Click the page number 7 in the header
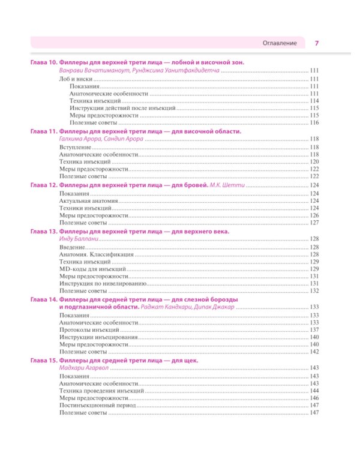[317, 43]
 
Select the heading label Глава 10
[43, 63]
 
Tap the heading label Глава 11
[43, 131]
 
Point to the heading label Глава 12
[43, 185]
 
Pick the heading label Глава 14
[43, 298]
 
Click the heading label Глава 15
[43, 360]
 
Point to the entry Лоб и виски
[76, 79]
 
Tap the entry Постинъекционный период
[94, 406]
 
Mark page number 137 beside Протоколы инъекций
[314, 329]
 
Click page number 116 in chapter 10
[314, 122]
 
